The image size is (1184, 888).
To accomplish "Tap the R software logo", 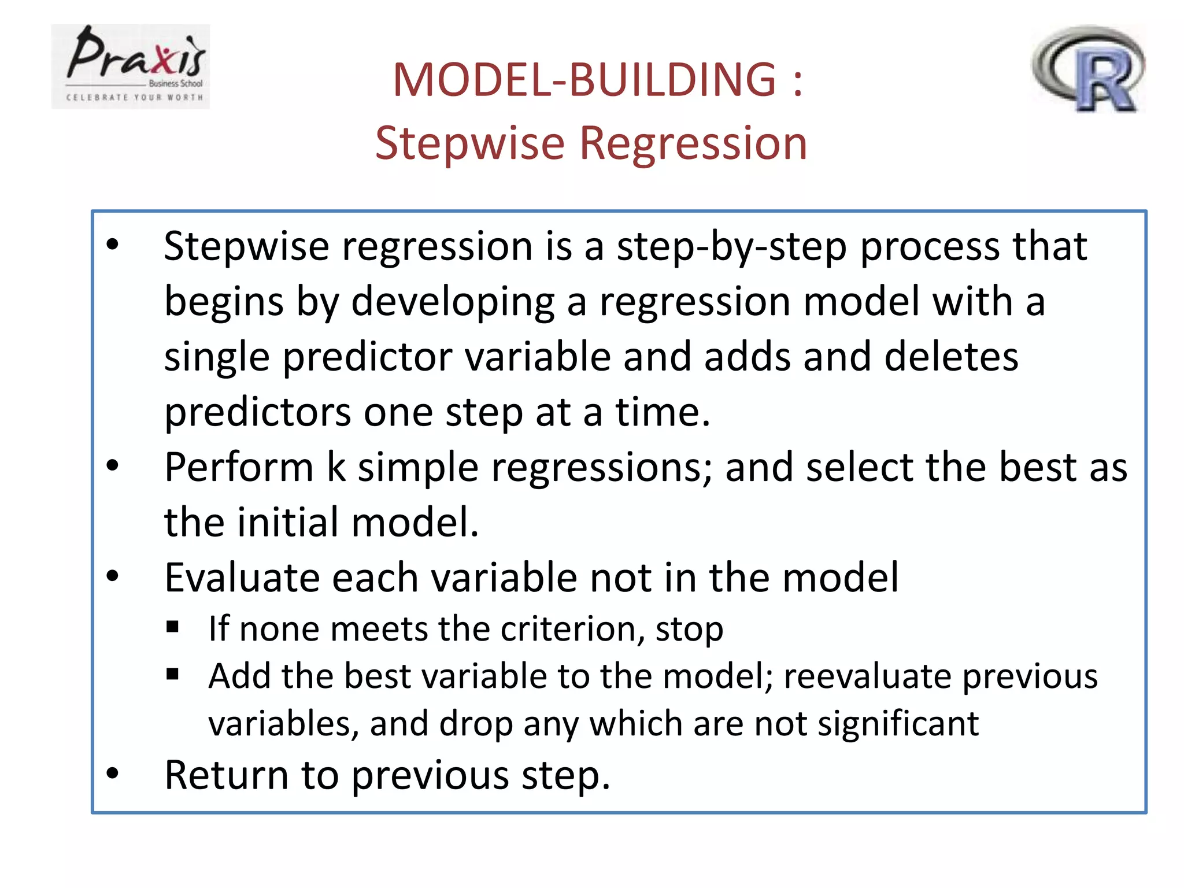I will coord(1089,69).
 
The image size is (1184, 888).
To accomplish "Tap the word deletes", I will coord(951,357).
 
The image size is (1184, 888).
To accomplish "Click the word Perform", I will coord(239,467).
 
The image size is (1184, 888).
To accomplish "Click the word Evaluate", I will coord(242,578).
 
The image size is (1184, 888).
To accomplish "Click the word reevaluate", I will coord(867,676).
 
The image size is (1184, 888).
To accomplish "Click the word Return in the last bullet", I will coord(226,775).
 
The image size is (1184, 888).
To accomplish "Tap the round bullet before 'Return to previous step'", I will coord(113,774).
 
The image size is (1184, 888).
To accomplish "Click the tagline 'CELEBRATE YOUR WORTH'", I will coord(135,98).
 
